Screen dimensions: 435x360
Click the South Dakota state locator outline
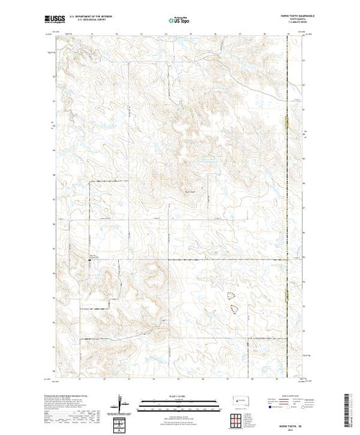(x=238, y=400)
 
